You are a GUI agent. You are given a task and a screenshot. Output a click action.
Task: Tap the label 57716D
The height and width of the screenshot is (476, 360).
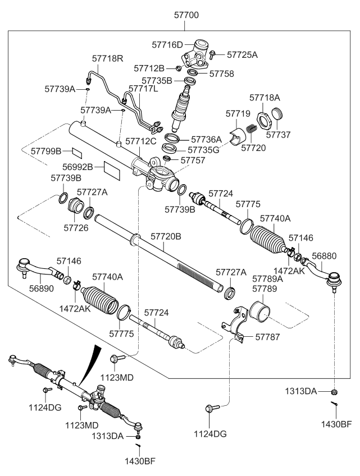click(167, 44)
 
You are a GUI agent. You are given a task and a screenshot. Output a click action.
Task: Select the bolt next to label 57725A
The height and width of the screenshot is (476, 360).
click(214, 54)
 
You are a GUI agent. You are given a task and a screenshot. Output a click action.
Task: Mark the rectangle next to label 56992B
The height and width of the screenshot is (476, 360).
click(112, 168)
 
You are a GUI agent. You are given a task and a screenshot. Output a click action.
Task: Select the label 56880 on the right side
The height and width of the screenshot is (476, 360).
click(324, 255)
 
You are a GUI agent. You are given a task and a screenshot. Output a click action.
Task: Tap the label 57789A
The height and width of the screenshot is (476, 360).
click(267, 278)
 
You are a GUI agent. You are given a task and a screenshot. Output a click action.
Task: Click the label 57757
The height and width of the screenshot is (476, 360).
click(192, 161)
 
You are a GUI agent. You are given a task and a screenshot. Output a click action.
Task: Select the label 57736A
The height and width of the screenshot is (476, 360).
click(206, 139)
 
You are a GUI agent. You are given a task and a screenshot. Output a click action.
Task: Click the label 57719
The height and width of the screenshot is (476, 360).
click(238, 113)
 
